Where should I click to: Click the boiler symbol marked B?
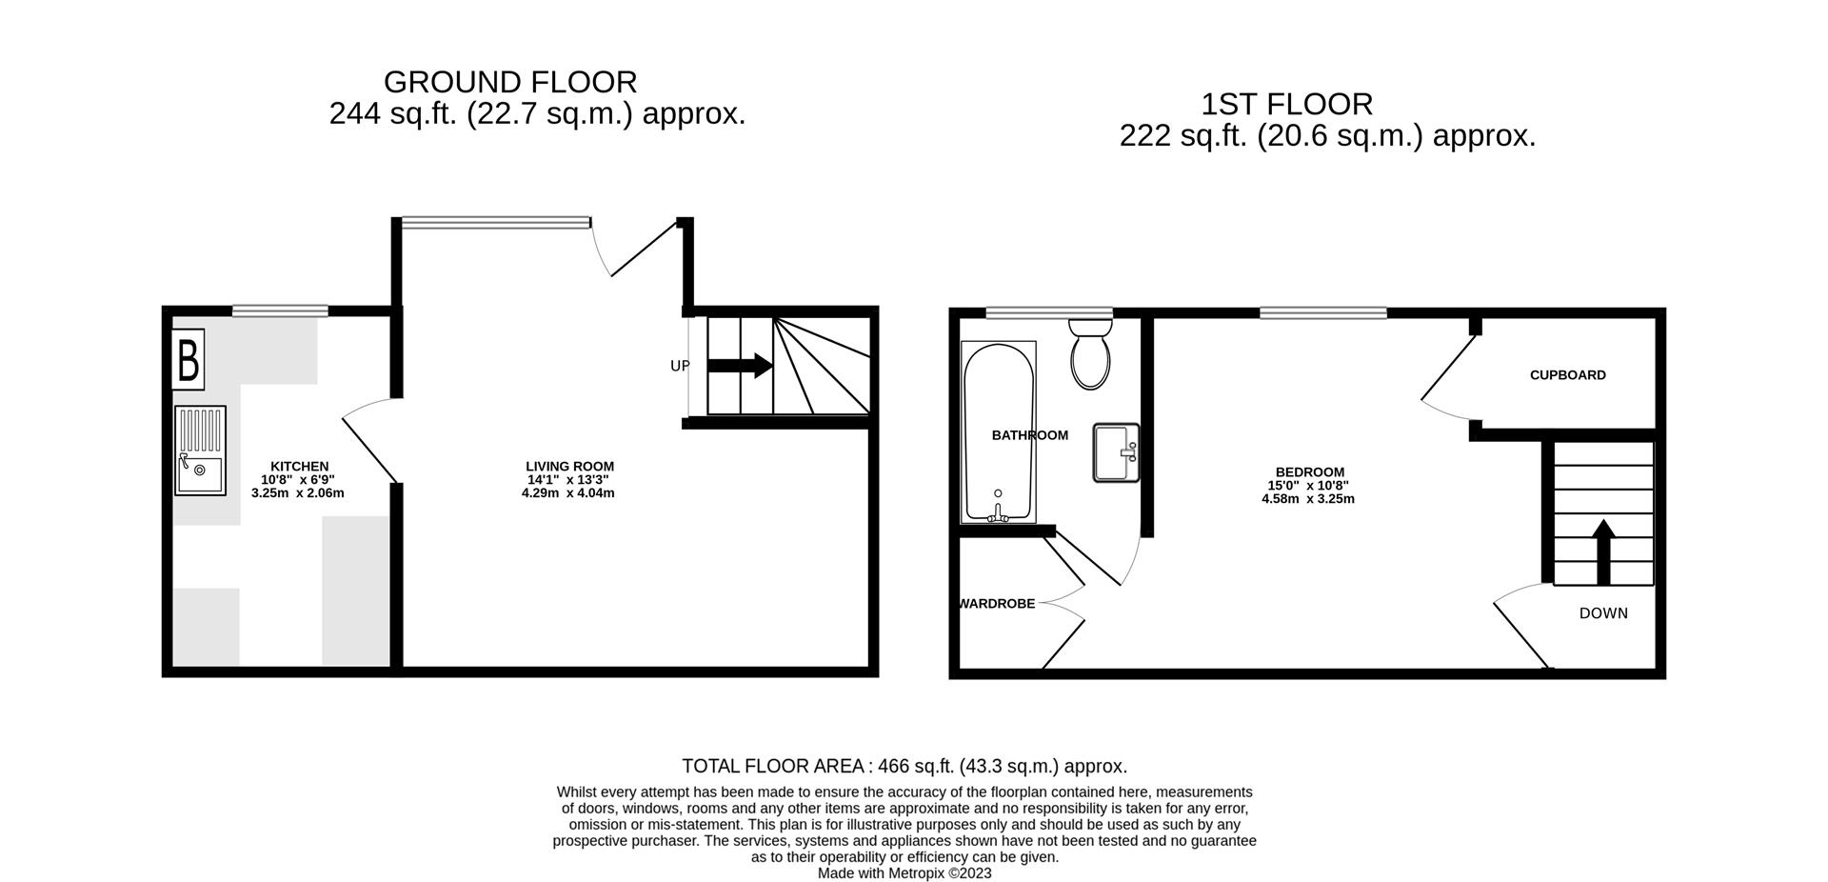(x=188, y=361)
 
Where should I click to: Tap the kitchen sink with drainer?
(x=200, y=451)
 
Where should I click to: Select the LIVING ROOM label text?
(x=569, y=466)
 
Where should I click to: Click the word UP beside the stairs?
(x=680, y=366)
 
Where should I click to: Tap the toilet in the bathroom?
(x=1090, y=353)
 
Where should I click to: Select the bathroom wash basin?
(x=1116, y=452)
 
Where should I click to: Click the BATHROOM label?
(x=1029, y=435)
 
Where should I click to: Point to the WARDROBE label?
(x=997, y=604)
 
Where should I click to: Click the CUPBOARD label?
(x=1567, y=375)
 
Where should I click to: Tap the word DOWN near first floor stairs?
(x=1603, y=613)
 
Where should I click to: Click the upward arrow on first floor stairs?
(x=1603, y=551)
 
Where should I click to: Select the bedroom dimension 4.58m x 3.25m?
(x=1307, y=498)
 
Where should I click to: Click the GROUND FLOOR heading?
(x=510, y=82)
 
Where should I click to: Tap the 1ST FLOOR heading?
(x=1286, y=104)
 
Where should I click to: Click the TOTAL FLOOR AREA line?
(x=904, y=766)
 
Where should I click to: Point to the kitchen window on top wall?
(x=280, y=311)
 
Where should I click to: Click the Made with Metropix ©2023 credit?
(x=904, y=872)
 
